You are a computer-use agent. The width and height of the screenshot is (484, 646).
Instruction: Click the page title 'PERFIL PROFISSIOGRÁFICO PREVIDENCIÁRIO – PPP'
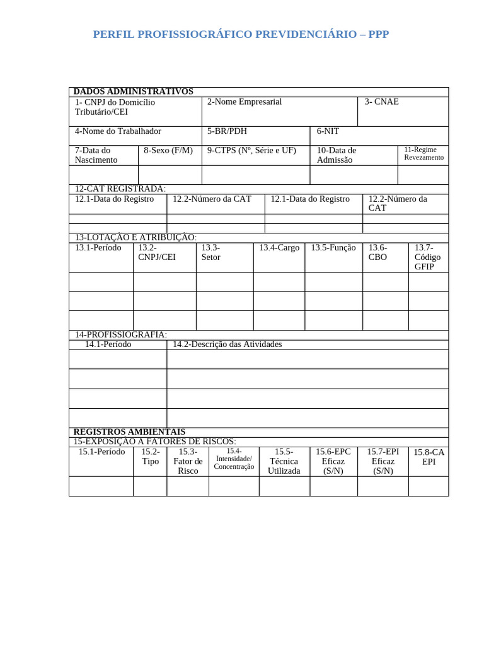(x=241, y=34)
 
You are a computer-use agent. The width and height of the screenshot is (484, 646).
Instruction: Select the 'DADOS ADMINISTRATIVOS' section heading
(x=133, y=92)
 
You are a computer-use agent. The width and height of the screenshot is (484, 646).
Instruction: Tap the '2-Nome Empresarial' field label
(x=244, y=102)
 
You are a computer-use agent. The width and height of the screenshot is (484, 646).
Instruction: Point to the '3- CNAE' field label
(x=381, y=102)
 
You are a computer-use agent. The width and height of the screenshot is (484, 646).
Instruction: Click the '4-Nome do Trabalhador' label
(x=118, y=131)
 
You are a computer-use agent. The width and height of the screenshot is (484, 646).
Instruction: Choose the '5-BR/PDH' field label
(x=227, y=131)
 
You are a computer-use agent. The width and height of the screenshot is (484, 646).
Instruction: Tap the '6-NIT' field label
(x=328, y=131)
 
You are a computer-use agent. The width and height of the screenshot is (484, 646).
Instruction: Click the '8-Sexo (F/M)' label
(x=168, y=150)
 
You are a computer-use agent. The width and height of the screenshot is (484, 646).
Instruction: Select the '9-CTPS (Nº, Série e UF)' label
(x=251, y=150)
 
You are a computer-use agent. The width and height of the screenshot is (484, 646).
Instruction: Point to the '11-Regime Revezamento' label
(x=423, y=153)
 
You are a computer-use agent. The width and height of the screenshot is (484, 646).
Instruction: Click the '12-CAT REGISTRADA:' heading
(x=120, y=189)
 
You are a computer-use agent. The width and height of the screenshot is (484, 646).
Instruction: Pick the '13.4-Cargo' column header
(x=279, y=248)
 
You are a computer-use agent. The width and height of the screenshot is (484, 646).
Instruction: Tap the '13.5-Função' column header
(x=333, y=248)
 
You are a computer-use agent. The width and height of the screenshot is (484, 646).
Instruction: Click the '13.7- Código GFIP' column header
(x=428, y=257)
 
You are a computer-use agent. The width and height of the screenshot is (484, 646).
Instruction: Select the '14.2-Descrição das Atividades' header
(x=228, y=344)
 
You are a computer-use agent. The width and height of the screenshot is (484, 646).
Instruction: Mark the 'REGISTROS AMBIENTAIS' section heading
(x=129, y=432)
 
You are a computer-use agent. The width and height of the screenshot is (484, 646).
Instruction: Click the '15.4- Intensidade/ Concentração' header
(x=234, y=459)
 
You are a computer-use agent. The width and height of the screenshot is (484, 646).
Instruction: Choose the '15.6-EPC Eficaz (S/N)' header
(x=333, y=461)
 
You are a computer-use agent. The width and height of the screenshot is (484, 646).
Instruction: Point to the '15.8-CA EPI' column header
(x=429, y=457)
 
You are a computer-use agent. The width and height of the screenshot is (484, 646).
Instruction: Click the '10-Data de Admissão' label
(x=336, y=155)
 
